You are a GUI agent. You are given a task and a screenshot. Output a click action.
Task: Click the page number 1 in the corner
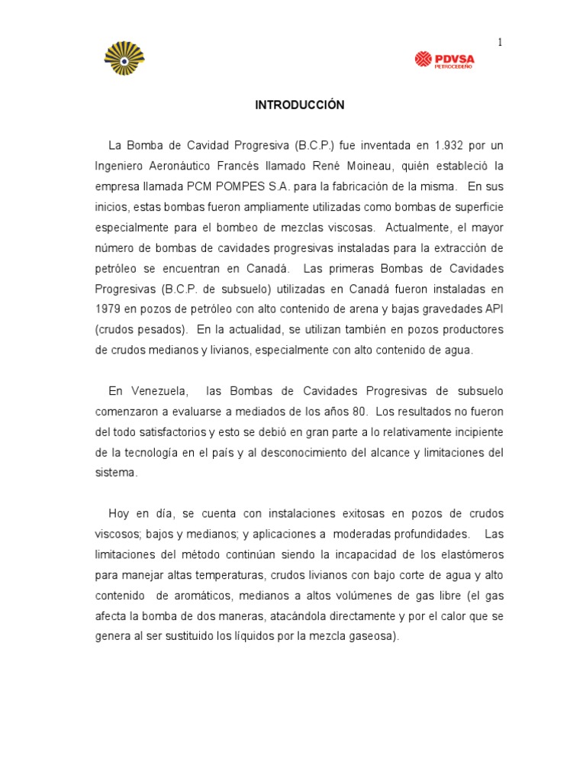(500, 43)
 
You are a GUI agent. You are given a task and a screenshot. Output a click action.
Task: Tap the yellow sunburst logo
(124, 58)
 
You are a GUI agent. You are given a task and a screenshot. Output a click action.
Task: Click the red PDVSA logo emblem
(423, 59)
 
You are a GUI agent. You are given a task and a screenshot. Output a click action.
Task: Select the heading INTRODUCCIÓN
(299, 105)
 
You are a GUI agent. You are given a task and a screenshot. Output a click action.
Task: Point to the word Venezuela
(157, 391)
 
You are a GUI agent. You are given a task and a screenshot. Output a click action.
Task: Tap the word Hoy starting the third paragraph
(119, 513)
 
